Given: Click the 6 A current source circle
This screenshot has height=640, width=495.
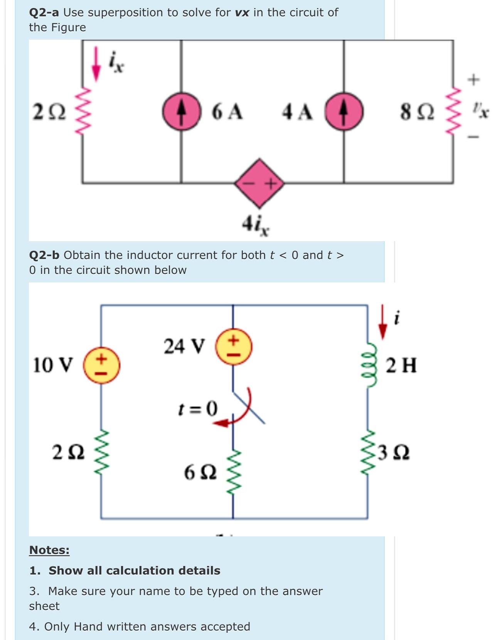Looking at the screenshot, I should point(182,111).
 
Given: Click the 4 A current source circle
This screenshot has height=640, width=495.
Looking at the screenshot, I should point(344,111).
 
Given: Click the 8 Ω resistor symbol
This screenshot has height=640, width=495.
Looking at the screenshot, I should point(453,112).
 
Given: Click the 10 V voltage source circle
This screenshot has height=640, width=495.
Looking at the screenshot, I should point(102,365).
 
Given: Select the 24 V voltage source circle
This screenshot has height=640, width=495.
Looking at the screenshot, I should point(234,346).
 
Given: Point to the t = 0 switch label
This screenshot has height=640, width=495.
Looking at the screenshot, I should point(198,408).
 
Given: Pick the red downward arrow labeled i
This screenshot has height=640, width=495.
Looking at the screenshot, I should point(382,322).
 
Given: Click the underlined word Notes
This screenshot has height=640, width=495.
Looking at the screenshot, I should point(49,550).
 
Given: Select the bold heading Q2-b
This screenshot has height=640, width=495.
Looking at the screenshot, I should point(44,255).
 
